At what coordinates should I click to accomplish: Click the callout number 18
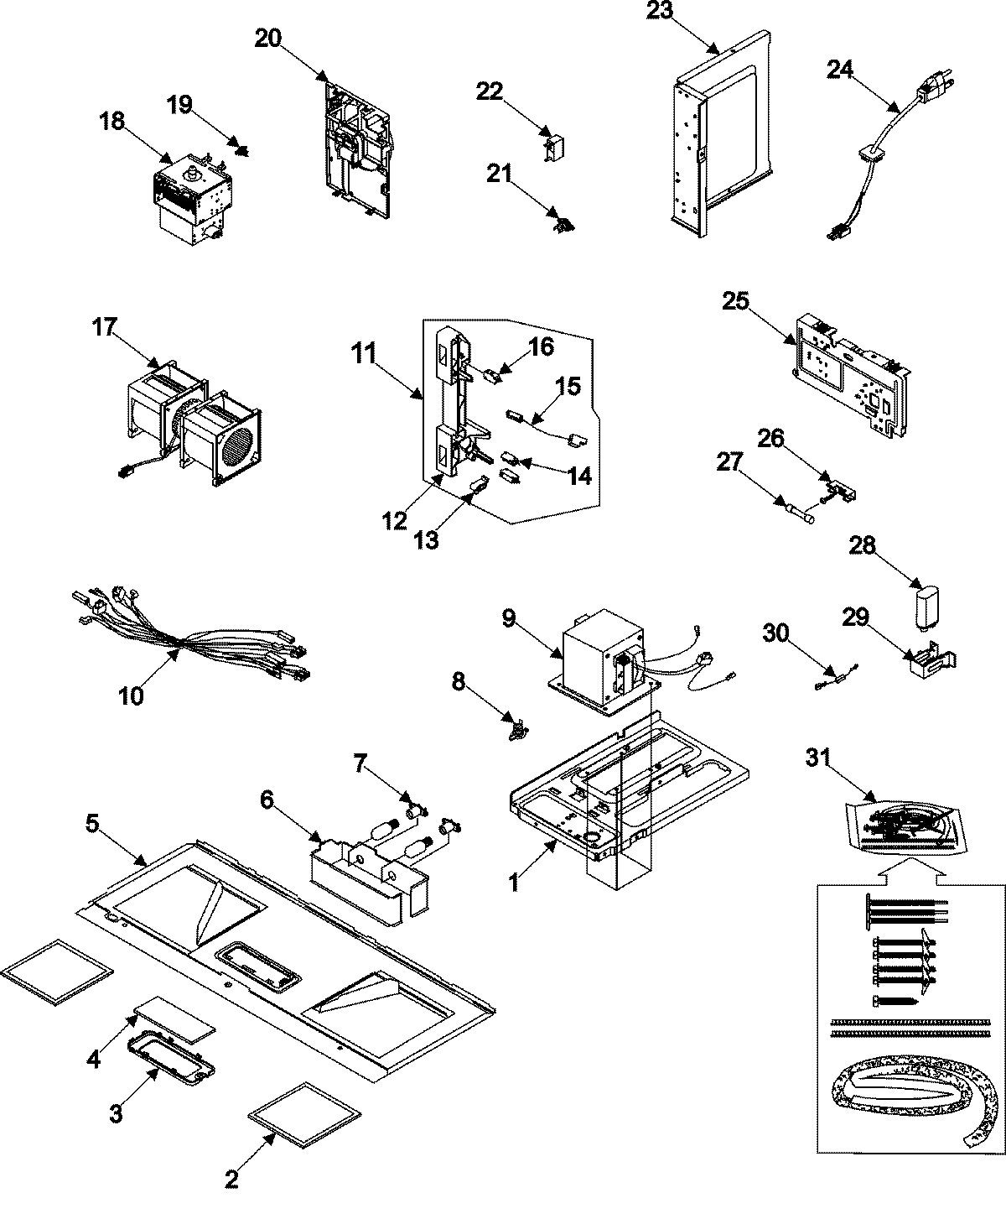click(x=111, y=122)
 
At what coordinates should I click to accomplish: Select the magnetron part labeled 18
click(x=190, y=191)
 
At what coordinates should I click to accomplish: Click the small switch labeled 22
click(x=551, y=144)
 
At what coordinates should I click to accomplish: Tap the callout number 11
click(x=362, y=353)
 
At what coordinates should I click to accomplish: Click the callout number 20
click(x=269, y=39)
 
